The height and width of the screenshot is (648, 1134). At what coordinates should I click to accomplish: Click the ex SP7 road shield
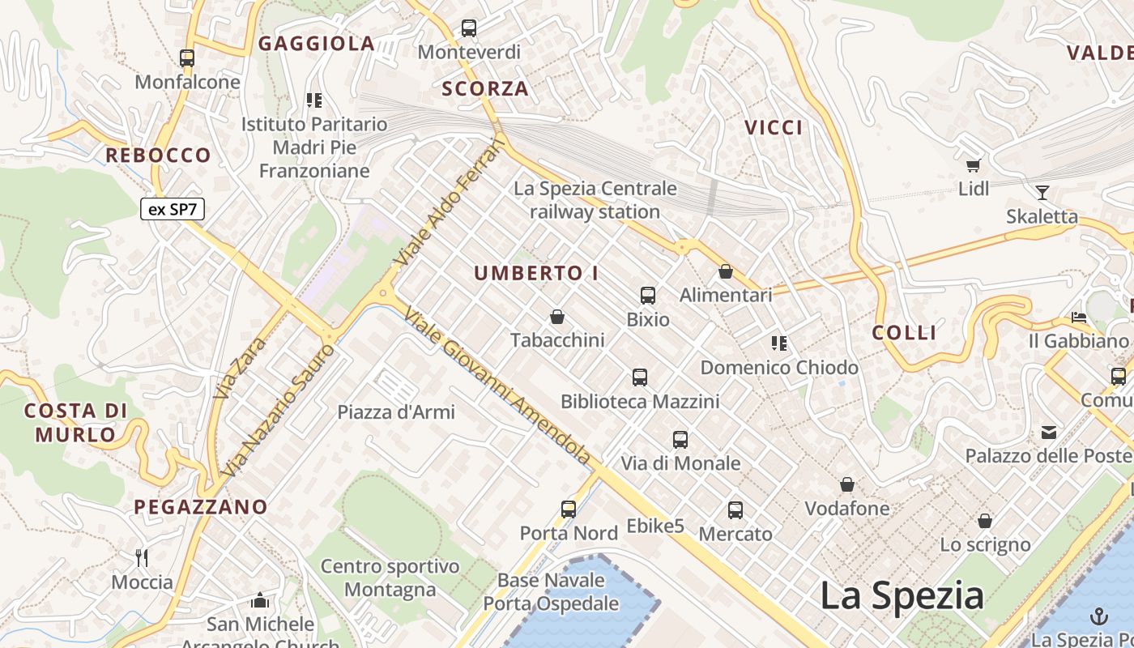click(173, 209)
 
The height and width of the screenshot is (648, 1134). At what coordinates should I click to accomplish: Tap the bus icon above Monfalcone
click(187, 58)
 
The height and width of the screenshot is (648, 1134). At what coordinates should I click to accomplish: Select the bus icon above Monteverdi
click(469, 28)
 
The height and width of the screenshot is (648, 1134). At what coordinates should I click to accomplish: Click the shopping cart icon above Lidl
click(974, 165)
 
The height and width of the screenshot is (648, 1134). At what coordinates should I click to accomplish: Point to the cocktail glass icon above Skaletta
click(1042, 193)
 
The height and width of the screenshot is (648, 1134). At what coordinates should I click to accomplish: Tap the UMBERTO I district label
click(536, 273)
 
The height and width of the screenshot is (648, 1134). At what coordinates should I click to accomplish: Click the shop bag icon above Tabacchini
click(556, 316)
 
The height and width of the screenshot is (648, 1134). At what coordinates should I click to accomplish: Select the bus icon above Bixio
click(648, 296)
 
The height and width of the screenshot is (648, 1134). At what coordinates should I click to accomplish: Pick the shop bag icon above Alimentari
click(726, 271)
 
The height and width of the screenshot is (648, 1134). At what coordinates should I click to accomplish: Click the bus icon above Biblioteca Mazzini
click(640, 377)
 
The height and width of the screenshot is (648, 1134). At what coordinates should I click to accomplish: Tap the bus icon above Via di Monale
click(680, 440)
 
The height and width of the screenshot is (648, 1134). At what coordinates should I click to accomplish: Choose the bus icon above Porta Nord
click(569, 509)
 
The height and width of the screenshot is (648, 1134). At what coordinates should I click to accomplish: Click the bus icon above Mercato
click(735, 510)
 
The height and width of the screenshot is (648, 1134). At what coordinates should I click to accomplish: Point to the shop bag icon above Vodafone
click(847, 484)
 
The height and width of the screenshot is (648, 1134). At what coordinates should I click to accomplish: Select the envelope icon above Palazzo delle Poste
click(1049, 432)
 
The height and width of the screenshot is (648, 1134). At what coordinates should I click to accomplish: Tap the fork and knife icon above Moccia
click(142, 558)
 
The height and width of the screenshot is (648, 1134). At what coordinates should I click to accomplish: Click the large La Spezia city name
click(902, 595)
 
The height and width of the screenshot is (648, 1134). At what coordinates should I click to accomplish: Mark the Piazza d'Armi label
click(396, 411)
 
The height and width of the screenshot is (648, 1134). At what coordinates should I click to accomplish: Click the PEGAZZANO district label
click(201, 507)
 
